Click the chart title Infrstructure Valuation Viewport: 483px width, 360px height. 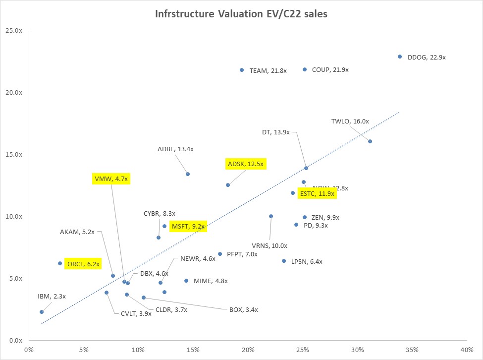point(241,14)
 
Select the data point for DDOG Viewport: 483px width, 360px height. point(400,57)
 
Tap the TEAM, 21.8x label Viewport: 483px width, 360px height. point(268,70)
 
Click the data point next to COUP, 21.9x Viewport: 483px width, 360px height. point(305,69)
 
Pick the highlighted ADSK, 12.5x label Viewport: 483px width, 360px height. point(245,164)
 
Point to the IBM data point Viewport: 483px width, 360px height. point(42,312)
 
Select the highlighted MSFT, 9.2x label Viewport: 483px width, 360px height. point(187,226)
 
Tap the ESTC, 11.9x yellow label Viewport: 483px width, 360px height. point(317,193)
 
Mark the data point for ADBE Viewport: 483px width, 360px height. point(188,174)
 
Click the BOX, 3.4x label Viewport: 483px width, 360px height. point(243,310)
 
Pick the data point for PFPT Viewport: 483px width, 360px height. point(220,254)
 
